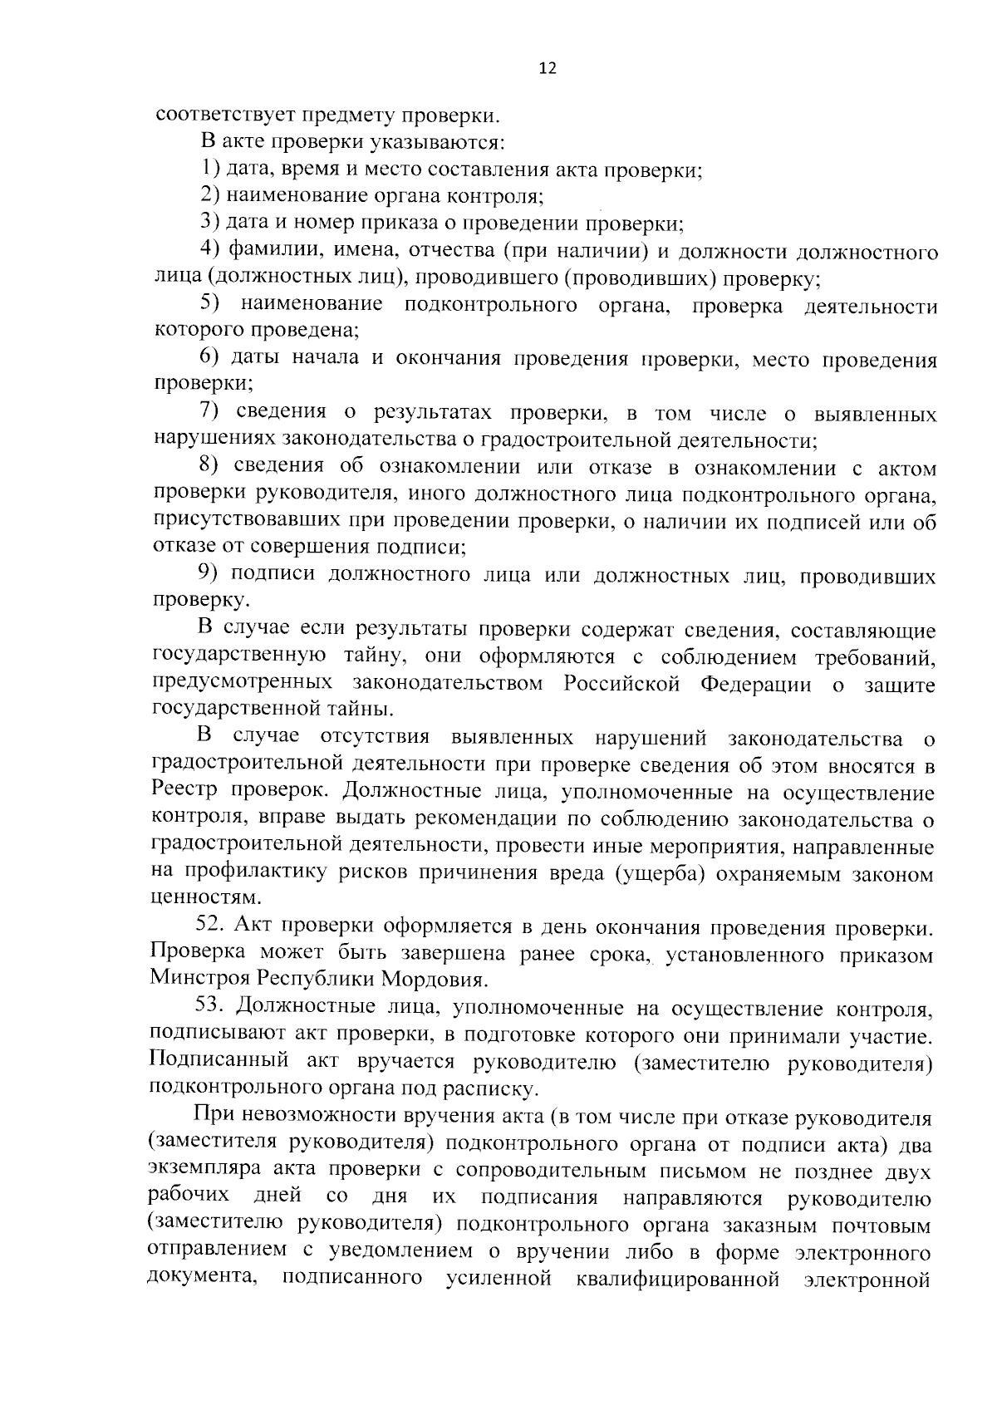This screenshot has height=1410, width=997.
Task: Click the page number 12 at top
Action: click(x=547, y=68)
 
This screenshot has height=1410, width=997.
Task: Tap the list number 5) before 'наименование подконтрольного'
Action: click(x=209, y=305)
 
